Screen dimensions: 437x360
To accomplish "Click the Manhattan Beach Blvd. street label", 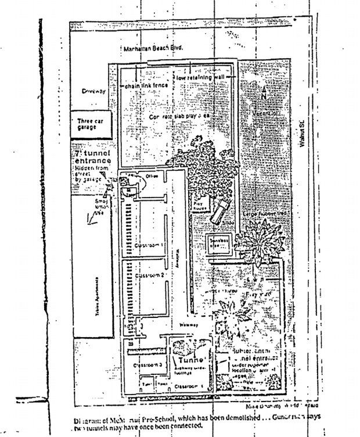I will coord(153,49).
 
